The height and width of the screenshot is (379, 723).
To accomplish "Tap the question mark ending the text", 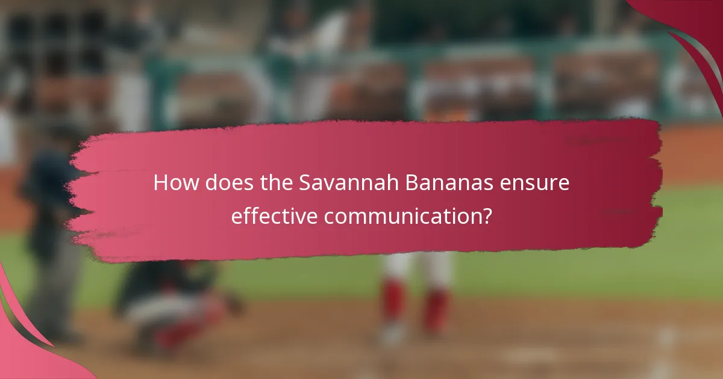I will pyautogui.click(x=486, y=215).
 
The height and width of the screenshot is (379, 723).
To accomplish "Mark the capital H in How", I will pyautogui.click(x=160, y=183).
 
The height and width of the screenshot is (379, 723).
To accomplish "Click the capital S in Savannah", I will pyautogui.click(x=305, y=183).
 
